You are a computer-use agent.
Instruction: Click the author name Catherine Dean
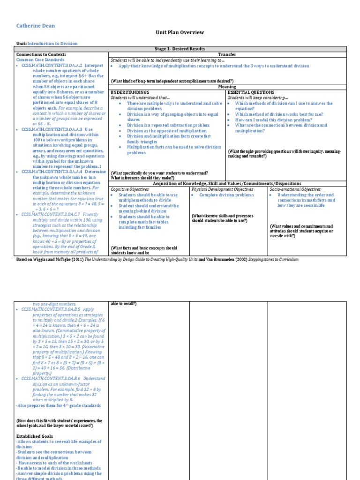[x=35, y=25]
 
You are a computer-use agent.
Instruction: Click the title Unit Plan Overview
[x=180, y=32]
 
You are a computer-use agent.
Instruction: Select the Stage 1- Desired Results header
[x=180, y=49]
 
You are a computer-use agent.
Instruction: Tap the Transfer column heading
[x=227, y=54]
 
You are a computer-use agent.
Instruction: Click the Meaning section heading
[x=227, y=87]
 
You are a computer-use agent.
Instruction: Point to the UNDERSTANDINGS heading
[x=130, y=92]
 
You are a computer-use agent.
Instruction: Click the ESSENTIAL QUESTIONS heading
[x=251, y=92]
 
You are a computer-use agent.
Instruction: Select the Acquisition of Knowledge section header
[x=227, y=183]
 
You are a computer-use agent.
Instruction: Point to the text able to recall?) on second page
[x=124, y=304]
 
